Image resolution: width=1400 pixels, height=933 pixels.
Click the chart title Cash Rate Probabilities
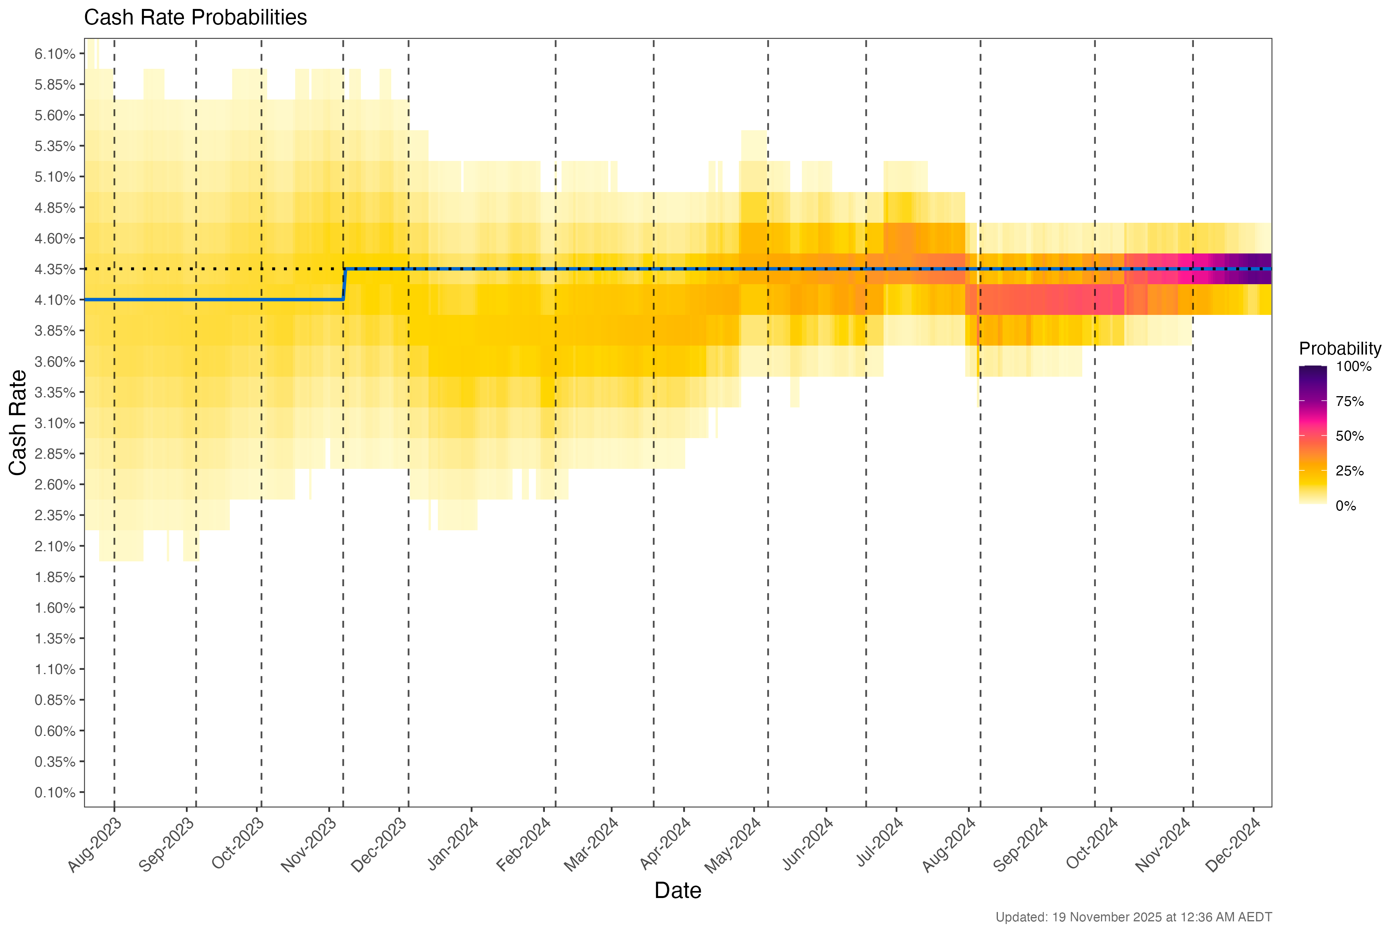point(195,18)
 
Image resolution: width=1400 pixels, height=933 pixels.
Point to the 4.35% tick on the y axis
point(55,269)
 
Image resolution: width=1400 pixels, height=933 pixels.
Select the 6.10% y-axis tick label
point(55,54)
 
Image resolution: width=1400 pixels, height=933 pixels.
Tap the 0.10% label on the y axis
point(55,793)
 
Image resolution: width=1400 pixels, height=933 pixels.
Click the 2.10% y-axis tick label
point(55,546)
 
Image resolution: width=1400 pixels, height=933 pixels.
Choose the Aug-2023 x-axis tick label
point(95,845)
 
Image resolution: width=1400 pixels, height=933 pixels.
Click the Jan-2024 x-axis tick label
point(453,845)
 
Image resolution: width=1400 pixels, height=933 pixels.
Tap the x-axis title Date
point(677,891)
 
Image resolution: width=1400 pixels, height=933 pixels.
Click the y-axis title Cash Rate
point(18,423)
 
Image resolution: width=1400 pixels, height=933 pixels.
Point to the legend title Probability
point(1339,349)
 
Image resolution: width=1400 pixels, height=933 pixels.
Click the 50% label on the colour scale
point(1349,436)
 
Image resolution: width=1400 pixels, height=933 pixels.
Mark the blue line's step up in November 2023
point(345,285)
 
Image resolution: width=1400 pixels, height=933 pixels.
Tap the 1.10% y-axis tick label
point(55,669)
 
